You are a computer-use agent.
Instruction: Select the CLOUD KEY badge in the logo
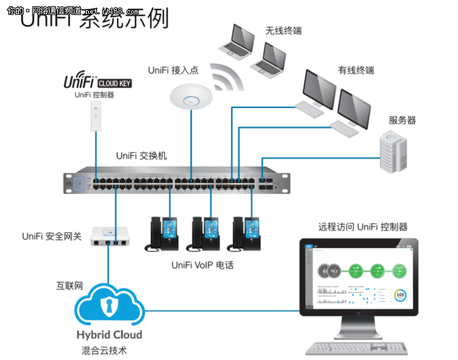[x=115, y=83]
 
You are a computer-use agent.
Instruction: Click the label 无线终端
[x=284, y=31]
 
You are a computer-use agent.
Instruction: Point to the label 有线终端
[x=356, y=70]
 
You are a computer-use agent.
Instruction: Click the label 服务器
[x=403, y=120]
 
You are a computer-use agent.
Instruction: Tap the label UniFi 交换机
[x=141, y=156]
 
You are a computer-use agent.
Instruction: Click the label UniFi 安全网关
[x=52, y=237]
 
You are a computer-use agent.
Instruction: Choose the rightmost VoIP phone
[x=247, y=234]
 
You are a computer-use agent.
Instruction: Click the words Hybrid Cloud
[x=109, y=335]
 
